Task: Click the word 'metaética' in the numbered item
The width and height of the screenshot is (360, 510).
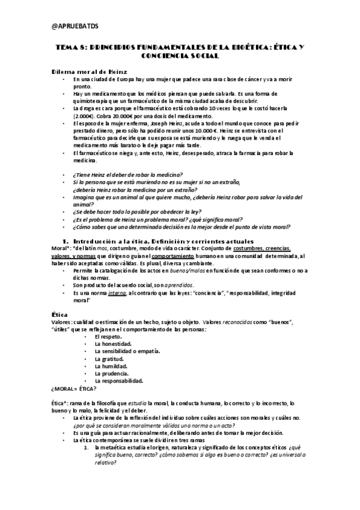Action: pos(118,447)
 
